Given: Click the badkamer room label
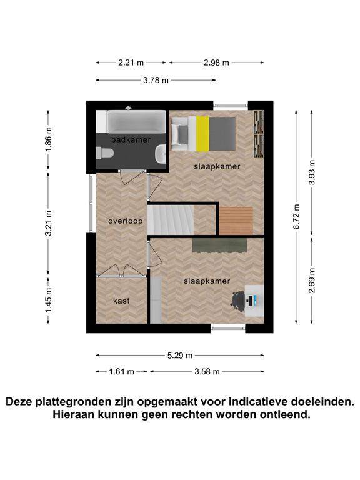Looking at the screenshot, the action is [x=131, y=140].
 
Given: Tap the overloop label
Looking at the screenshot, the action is [x=125, y=221].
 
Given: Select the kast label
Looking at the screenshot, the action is [x=121, y=301].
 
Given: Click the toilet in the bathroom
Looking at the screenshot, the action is [x=105, y=152].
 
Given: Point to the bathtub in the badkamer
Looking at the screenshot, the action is [x=136, y=122].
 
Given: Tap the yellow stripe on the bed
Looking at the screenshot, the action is [x=202, y=134].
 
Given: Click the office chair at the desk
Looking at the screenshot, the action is [x=238, y=301].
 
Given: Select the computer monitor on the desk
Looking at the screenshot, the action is [x=249, y=301].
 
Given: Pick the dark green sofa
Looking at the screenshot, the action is [x=219, y=246].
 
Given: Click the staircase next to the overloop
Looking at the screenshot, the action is [x=170, y=220].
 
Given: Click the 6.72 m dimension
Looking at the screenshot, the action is [x=296, y=217].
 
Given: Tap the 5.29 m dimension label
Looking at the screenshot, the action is [x=180, y=356].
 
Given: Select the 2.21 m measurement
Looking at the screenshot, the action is [x=131, y=62].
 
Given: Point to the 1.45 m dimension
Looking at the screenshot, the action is [x=48, y=301].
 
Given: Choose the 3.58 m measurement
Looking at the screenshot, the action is [x=207, y=372].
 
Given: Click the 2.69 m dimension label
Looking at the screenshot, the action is [x=312, y=281].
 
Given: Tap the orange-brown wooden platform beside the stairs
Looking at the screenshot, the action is [x=236, y=221].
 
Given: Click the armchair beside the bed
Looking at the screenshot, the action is [x=180, y=134].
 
